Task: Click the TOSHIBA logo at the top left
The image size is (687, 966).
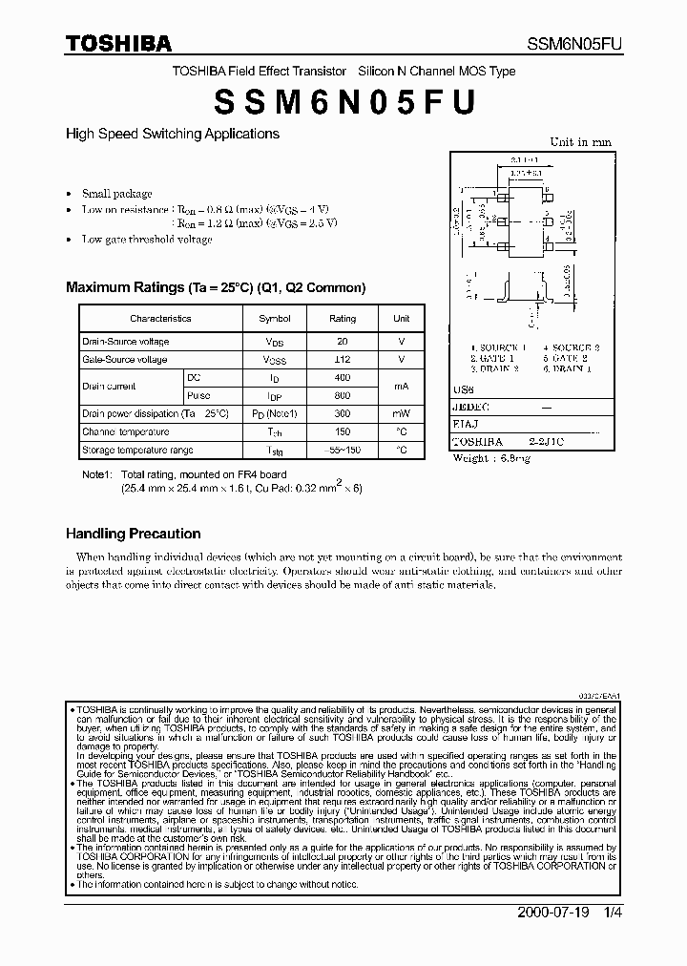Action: pos(118,43)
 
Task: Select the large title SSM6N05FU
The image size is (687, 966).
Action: pos(343,101)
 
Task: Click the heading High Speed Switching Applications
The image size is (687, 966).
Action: pos(172,134)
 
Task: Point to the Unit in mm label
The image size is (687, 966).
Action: pos(580,141)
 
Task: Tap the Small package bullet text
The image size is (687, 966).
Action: pos(116,193)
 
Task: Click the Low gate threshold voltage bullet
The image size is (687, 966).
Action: pos(147,240)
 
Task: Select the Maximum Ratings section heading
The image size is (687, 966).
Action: pos(215,287)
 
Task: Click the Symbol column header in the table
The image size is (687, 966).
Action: pos(275,319)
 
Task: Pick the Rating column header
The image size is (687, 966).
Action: pos(343,319)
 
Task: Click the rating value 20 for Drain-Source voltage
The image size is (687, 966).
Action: pos(343,342)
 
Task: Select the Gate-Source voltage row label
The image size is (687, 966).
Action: pos(125,360)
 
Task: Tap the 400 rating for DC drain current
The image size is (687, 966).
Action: pos(343,378)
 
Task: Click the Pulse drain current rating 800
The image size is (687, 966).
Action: pos(343,395)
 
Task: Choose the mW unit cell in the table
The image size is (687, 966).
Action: pos(402,414)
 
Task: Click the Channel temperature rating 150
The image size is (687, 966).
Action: pos(343,432)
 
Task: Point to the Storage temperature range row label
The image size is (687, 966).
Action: pos(137,451)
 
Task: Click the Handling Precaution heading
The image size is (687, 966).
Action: pos(133,534)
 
